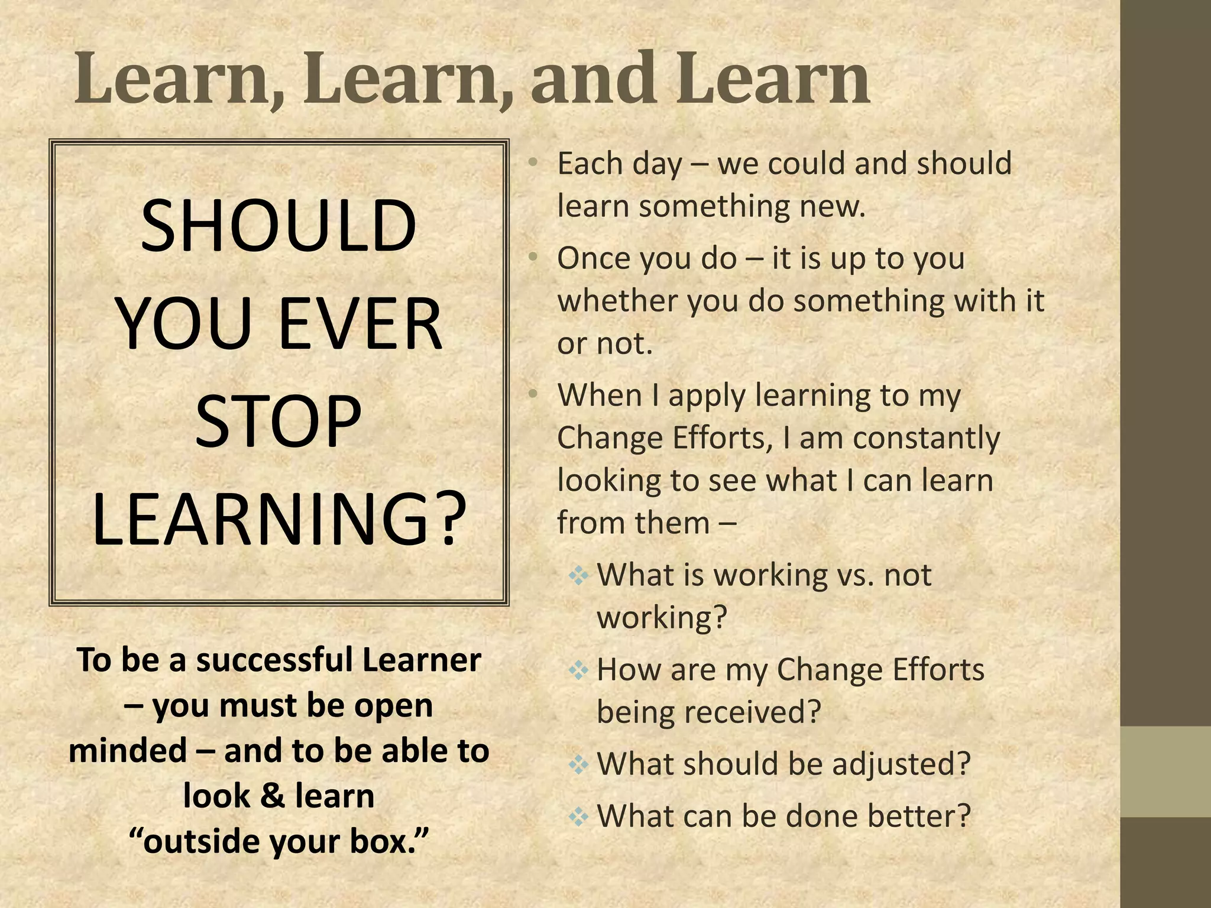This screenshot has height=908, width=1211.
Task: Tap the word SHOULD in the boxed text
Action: coord(279,226)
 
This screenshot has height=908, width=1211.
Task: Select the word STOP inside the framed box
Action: coord(279,422)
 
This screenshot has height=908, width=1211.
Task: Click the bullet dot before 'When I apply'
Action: coord(533,393)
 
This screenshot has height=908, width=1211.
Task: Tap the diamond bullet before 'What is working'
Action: coord(578,575)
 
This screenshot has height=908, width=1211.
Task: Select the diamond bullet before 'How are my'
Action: coord(578,670)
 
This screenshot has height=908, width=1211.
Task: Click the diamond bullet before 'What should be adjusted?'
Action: coord(578,764)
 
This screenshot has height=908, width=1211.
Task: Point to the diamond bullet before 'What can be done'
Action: coord(578,816)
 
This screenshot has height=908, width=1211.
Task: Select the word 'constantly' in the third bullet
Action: coord(926,439)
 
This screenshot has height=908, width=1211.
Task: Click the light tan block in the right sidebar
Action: coord(1165,771)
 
